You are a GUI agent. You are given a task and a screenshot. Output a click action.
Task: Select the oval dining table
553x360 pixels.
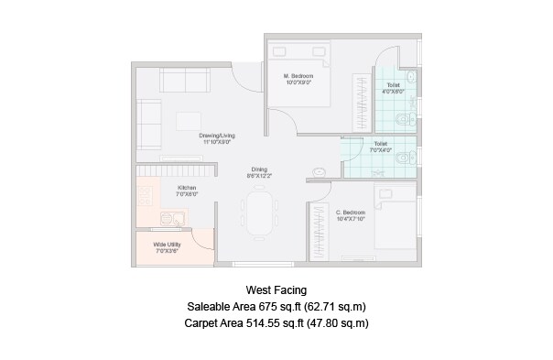(x=260, y=212)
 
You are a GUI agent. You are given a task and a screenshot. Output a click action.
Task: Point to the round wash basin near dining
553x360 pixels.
(x=319, y=170)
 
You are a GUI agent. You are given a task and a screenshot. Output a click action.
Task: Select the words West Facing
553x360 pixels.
(x=276, y=289)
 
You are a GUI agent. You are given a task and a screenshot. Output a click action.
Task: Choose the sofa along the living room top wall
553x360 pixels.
(x=186, y=81)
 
